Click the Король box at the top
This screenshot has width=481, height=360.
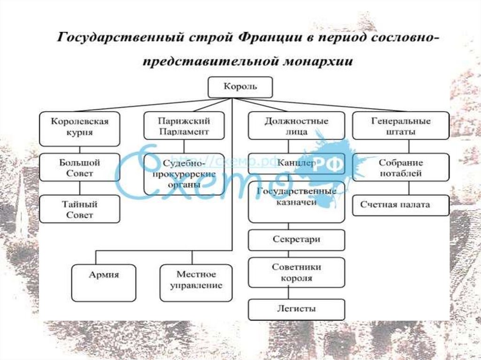(x=240, y=87)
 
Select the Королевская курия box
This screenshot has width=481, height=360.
(x=79, y=127)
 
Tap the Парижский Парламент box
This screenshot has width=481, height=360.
(x=184, y=126)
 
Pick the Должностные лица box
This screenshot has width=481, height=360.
(x=296, y=126)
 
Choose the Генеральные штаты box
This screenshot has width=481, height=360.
(x=401, y=126)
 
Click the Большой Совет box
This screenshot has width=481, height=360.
(x=79, y=168)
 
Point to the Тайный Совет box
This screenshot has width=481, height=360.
(x=79, y=209)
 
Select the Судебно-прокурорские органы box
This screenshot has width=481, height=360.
(x=184, y=174)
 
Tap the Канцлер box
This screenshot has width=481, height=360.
(x=296, y=164)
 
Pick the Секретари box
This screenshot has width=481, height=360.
(x=296, y=239)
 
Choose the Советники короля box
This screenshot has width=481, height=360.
(x=296, y=272)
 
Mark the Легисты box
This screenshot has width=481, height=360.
(x=296, y=309)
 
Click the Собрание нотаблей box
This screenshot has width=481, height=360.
(x=401, y=168)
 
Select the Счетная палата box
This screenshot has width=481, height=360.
(x=401, y=205)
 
